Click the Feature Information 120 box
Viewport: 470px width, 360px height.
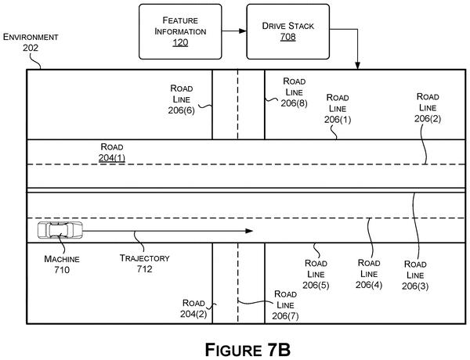point(180,31)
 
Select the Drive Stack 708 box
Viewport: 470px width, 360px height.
point(287,31)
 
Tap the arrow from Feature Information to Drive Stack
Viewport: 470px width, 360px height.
point(234,31)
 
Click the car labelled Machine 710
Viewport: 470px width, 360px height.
point(60,230)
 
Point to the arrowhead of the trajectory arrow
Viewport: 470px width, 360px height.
point(249,231)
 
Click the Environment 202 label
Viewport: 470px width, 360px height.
point(31,42)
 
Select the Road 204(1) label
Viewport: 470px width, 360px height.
point(112,152)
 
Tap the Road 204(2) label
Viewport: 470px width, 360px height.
point(193,308)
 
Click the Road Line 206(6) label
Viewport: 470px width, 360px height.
point(182,99)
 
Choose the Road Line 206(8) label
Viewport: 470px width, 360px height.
point(294,92)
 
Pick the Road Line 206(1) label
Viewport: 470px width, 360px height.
point(338,109)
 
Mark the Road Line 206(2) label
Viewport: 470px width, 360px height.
point(428,107)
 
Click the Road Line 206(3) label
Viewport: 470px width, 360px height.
point(415,275)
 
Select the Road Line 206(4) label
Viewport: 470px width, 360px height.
point(369,274)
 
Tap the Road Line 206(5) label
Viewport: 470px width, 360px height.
point(316,274)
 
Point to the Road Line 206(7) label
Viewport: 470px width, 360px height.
point(285,305)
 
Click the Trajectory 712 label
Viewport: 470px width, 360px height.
point(145,263)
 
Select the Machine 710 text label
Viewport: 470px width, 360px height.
point(62,265)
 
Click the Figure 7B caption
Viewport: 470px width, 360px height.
point(248,350)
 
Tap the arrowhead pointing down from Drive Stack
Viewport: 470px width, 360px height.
point(357,66)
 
